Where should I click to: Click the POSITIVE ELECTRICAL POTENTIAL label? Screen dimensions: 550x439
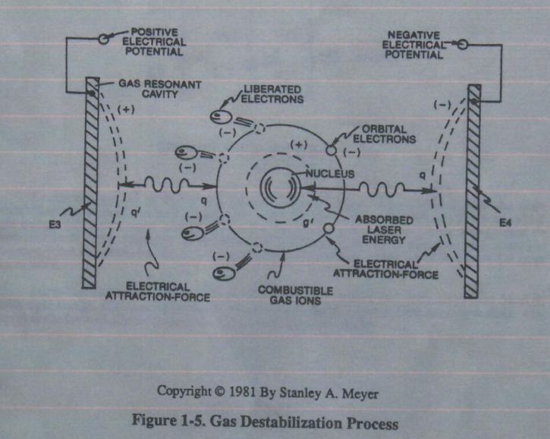[154, 42]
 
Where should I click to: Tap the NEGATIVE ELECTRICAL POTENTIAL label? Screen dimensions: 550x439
[413, 45]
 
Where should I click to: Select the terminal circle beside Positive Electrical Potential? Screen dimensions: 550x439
[103, 38]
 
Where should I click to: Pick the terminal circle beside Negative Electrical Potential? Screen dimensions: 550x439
[462, 44]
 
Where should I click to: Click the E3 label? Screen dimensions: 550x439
[55, 225]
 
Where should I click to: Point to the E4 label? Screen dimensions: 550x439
[505, 223]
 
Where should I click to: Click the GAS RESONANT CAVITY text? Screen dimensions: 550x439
[159, 89]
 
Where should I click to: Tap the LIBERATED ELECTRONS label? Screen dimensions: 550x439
[272, 94]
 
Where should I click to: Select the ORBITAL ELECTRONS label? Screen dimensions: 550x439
[384, 134]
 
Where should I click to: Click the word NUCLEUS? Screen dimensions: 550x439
[330, 173]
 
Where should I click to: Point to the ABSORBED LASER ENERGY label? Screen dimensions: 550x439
[384, 229]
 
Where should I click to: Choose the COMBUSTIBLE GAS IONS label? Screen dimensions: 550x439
[295, 295]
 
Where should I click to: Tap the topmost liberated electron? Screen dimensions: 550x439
[221, 116]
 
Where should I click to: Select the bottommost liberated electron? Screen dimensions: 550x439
[224, 273]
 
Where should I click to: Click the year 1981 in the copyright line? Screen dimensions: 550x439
[242, 392]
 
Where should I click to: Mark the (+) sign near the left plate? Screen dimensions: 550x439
[126, 110]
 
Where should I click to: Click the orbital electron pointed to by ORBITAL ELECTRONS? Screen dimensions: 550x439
[331, 150]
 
